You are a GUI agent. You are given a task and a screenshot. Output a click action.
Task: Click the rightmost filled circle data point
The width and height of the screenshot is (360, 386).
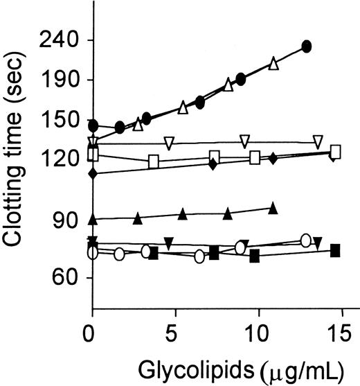pyautogui.click(x=307, y=47)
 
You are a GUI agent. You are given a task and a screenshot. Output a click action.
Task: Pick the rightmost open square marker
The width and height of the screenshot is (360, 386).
pyautogui.click(x=336, y=152)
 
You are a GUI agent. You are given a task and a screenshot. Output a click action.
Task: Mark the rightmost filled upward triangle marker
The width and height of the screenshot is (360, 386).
pyautogui.click(x=273, y=207)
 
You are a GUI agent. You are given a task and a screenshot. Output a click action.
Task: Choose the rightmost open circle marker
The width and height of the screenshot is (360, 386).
pyautogui.click(x=306, y=240)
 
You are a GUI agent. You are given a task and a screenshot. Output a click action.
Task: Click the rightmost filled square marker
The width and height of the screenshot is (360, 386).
pyautogui.click(x=335, y=250)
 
